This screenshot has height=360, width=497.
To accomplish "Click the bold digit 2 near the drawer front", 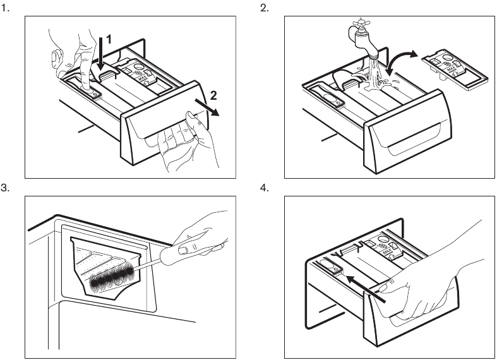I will (x=213, y=96).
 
